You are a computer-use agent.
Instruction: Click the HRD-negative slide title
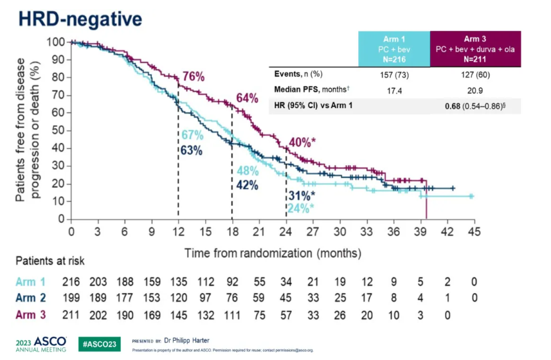click(x=80, y=18)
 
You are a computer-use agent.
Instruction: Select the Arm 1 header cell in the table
click(x=393, y=45)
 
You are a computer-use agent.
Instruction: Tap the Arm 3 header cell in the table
click(x=475, y=45)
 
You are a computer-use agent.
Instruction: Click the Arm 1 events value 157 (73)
click(x=393, y=75)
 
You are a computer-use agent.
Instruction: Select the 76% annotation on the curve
click(x=194, y=76)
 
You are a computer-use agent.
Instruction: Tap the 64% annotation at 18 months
click(x=246, y=98)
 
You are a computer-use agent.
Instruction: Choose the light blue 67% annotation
click(x=192, y=136)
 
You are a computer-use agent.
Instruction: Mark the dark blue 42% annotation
click(x=246, y=185)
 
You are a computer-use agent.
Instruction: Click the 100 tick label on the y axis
click(x=57, y=42)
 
